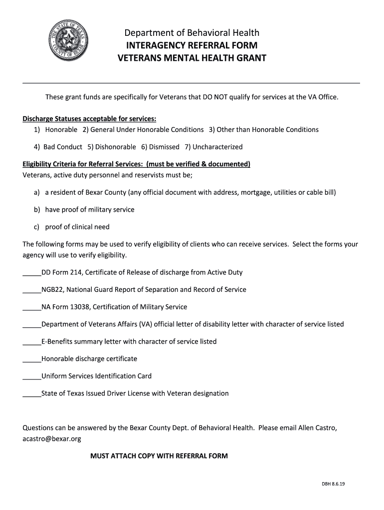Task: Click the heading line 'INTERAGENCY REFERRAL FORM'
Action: point(192,46)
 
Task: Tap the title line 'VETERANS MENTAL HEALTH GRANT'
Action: point(192,58)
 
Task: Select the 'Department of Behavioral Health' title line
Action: point(192,33)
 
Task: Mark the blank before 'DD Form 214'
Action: point(32,273)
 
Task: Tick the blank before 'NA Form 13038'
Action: point(32,307)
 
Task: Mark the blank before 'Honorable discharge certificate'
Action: point(32,359)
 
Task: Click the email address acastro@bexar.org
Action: point(52,439)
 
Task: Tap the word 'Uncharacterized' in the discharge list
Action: point(217,147)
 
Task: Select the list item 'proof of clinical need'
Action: point(77,227)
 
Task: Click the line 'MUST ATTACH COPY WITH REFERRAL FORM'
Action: point(159,456)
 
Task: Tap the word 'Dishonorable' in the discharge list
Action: point(115,147)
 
